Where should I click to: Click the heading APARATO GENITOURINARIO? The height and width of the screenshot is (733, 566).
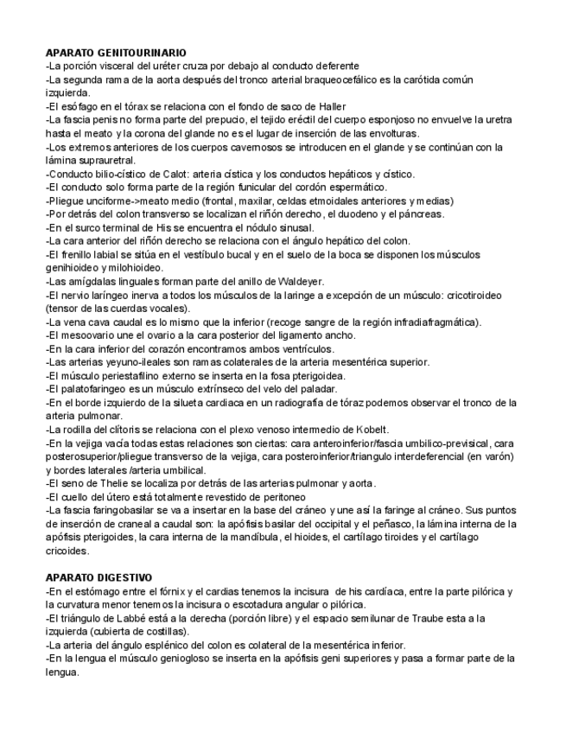point(115,54)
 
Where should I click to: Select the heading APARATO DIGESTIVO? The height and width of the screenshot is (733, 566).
point(99,577)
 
